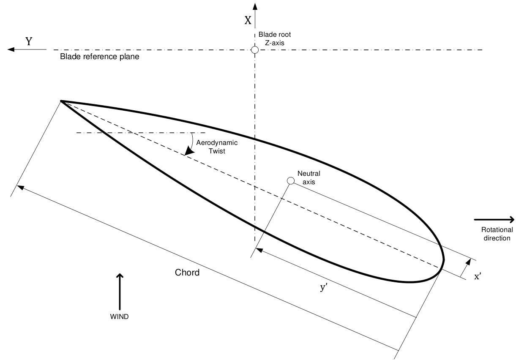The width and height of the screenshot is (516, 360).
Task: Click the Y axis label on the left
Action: (29, 41)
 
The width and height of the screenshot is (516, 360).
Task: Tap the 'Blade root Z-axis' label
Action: (275, 38)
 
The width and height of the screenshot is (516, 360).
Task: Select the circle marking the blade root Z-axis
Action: (254, 50)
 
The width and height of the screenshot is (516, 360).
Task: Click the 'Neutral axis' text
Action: (309, 177)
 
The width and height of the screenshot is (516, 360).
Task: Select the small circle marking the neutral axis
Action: (291, 181)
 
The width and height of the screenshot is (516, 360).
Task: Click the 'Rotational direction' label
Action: (497, 234)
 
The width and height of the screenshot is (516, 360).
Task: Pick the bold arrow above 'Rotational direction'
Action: (494, 219)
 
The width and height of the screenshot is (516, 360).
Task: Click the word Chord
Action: (187, 273)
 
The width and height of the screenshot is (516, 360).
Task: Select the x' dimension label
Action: (478, 276)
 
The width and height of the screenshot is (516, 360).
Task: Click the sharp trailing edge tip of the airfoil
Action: (62, 101)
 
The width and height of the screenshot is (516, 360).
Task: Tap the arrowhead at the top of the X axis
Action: (254, 6)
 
